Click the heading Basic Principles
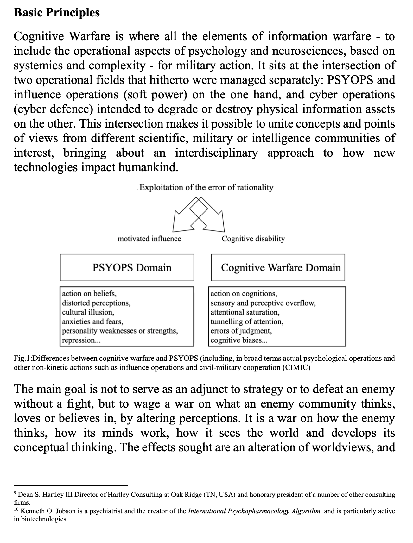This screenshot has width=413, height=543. [x=57, y=12]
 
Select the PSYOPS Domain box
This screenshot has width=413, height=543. [x=127, y=267]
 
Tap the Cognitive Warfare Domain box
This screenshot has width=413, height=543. [x=278, y=267]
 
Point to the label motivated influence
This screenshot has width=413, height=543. [x=149, y=239]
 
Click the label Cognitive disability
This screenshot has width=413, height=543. [x=253, y=239]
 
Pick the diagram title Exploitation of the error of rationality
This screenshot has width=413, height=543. [x=206, y=187]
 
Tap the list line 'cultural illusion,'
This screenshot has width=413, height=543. [x=88, y=312]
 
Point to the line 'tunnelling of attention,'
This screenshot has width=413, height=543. [x=247, y=322]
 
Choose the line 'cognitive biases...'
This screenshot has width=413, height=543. [x=239, y=340]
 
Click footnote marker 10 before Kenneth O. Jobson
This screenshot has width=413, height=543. [x=16, y=509]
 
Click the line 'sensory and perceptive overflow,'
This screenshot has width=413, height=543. [x=263, y=303]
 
